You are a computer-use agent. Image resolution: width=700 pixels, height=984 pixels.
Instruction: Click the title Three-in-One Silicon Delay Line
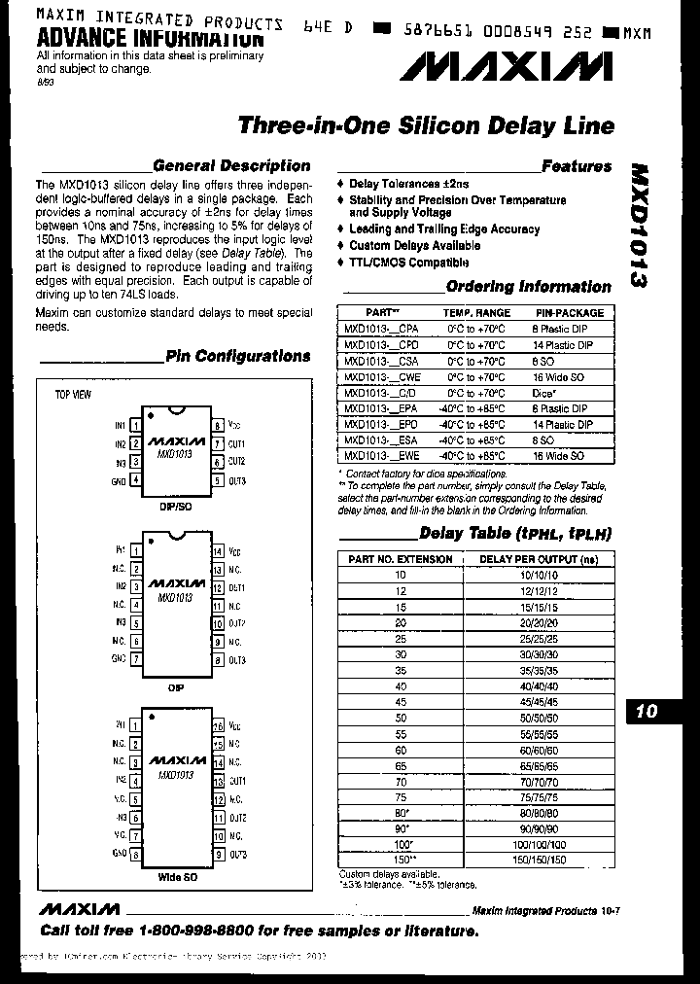(426, 126)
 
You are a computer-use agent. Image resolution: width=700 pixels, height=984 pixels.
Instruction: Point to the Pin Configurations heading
(237, 356)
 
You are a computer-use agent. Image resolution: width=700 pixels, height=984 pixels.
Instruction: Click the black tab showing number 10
(647, 711)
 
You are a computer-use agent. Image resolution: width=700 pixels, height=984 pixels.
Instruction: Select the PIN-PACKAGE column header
(570, 313)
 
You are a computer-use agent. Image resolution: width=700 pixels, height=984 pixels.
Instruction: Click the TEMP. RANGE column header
(476, 313)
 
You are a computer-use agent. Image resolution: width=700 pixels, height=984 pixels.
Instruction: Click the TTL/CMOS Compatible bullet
(408, 263)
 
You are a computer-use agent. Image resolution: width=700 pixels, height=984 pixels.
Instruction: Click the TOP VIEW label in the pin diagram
(73, 394)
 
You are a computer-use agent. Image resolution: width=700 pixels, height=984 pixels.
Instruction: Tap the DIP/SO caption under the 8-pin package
(176, 506)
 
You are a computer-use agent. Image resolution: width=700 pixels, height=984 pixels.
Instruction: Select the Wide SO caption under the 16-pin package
(177, 876)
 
